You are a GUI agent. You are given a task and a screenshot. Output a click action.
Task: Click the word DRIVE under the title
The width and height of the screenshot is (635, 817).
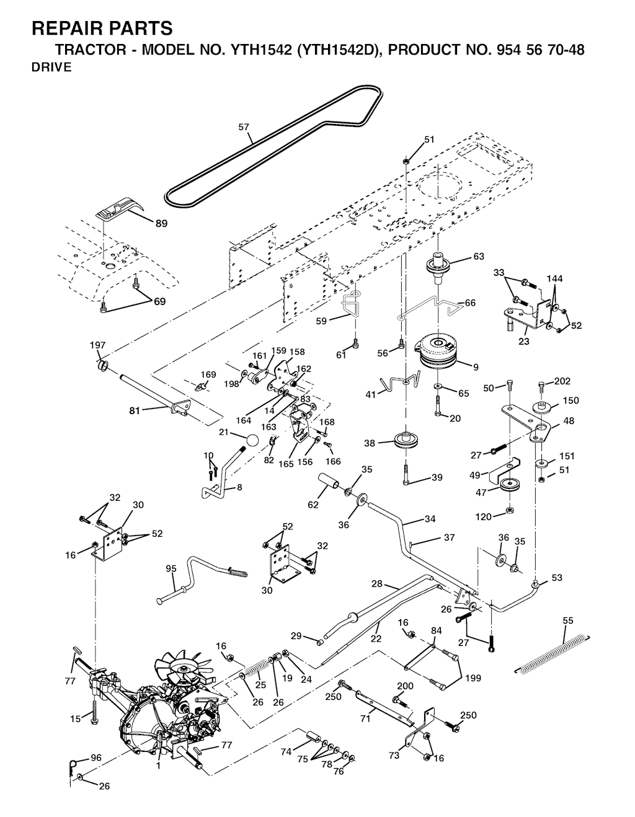pyautogui.click(x=51, y=68)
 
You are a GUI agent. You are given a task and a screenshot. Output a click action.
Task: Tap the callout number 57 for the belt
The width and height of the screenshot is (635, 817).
pyautogui.click(x=244, y=127)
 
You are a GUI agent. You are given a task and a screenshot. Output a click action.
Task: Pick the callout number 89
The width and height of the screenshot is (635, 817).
pyautogui.click(x=161, y=224)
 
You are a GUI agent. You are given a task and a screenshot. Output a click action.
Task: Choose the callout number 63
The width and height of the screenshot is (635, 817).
pyautogui.click(x=479, y=256)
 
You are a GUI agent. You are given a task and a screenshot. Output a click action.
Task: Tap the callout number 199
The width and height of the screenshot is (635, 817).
pyautogui.click(x=473, y=678)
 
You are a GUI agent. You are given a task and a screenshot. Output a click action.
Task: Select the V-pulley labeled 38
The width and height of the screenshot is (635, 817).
pyautogui.click(x=406, y=442)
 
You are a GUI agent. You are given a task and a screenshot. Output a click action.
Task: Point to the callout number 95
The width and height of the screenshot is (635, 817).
pyautogui.click(x=171, y=568)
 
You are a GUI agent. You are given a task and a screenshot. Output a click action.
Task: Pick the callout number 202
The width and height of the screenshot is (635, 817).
pyautogui.click(x=562, y=381)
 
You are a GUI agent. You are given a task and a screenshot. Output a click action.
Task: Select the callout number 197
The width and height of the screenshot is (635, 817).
pyautogui.click(x=97, y=345)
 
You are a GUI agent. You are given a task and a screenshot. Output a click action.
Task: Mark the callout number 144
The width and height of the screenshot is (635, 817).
pyautogui.click(x=554, y=279)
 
